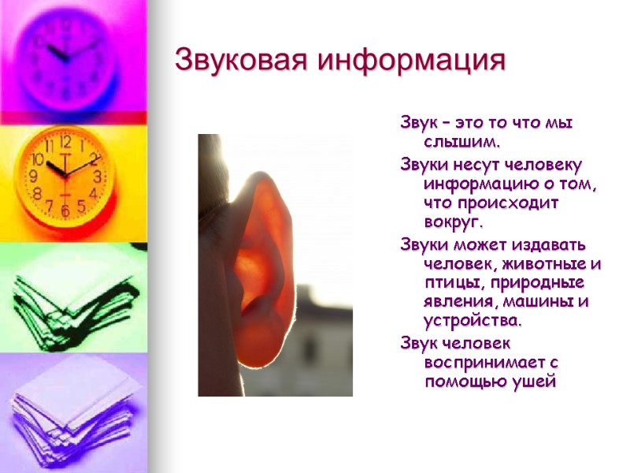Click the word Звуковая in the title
[241, 60]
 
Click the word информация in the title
[409, 60]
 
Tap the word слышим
[463, 143]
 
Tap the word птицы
[450, 284]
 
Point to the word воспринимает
[475, 363]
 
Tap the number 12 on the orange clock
[65, 143]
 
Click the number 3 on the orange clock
[98, 176]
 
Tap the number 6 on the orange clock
[65, 211]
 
